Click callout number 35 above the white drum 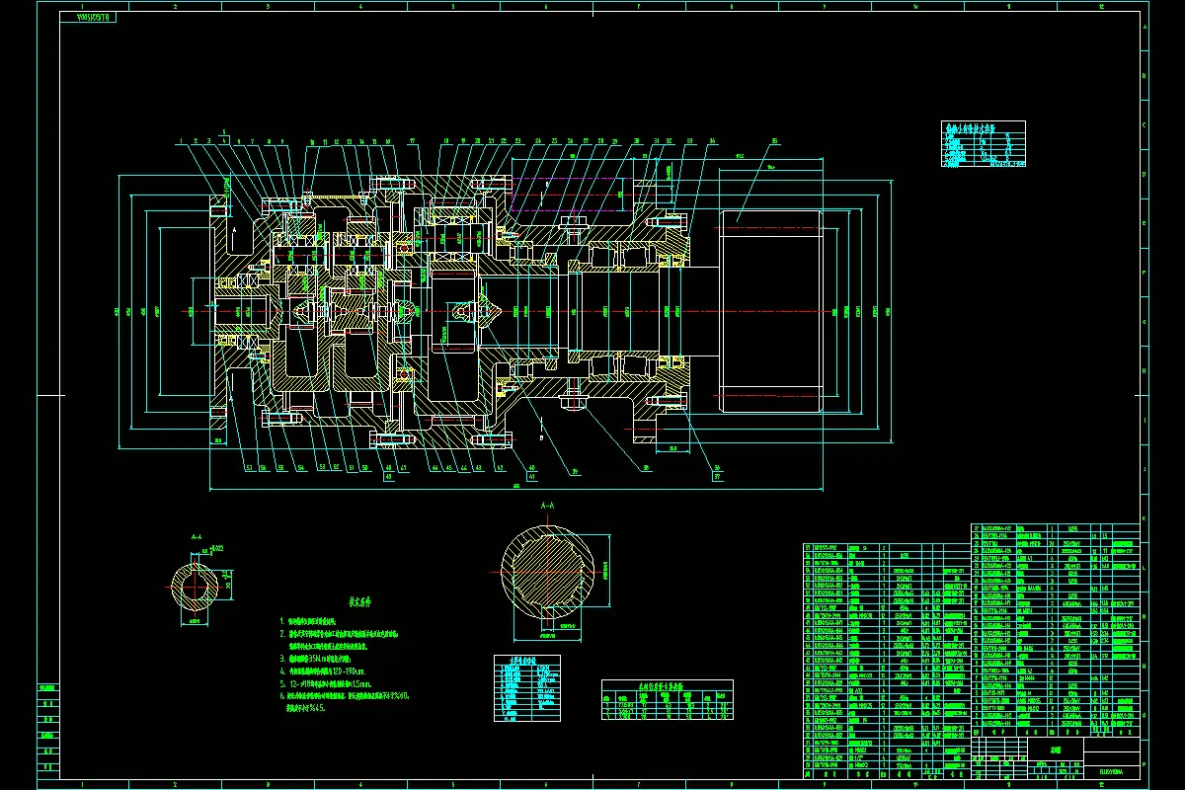(x=774, y=141)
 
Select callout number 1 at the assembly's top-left (x=182, y=141)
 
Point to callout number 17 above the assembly (x=412, y=141)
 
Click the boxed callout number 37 (x=717, y=475)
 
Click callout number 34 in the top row (x=711, y=141)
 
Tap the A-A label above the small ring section (x=196, y=537)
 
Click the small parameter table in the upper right (x=984, y=144)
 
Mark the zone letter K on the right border (x=1145, y=518)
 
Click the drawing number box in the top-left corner (x=89, y=18)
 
